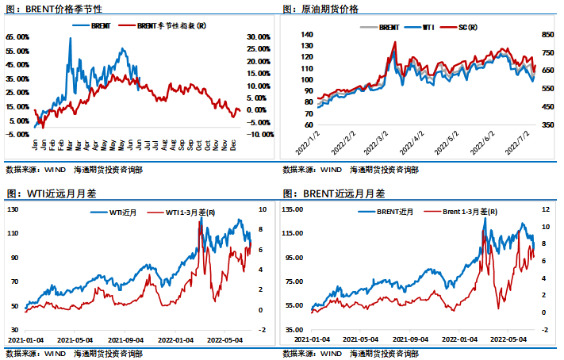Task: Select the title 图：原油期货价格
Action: [320, 9]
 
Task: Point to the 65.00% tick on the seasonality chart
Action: [17, 37]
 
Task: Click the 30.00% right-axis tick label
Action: [261, 37]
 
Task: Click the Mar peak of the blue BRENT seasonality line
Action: [70, 38]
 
